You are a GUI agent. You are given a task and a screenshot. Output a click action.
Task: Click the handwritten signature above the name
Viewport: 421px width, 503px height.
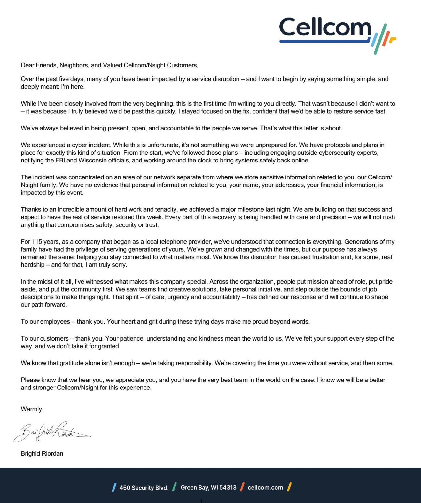pyautogui.click(x=51, y=432)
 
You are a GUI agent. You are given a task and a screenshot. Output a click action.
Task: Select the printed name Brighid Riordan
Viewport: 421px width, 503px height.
pyautogui.click(x=42, y=453)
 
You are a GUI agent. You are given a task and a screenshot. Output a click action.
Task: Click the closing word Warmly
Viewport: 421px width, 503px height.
pyautogui.click(x=32, y=409)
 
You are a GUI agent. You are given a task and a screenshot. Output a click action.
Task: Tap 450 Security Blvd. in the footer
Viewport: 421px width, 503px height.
pyautogui.click(x=144, y=488)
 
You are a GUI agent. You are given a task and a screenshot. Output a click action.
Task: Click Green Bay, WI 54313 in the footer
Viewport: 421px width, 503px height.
pyautogui.click(x=208, y=487)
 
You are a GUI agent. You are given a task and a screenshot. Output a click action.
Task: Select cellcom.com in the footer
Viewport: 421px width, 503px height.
pyautogui.click(x=265, y=487)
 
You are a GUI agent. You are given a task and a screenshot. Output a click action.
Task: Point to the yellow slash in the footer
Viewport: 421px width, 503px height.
pyautogui.click(x=289, y=487)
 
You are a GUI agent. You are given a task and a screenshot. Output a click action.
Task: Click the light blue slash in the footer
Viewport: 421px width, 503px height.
pyautogui.click(x=114, y=487)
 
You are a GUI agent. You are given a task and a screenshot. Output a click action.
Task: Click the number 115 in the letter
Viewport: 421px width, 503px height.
pyautogui.click(x=37, y=242)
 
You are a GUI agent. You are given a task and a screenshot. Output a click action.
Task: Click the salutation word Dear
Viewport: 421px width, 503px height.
pyautogui.click(x=27, y=65)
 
